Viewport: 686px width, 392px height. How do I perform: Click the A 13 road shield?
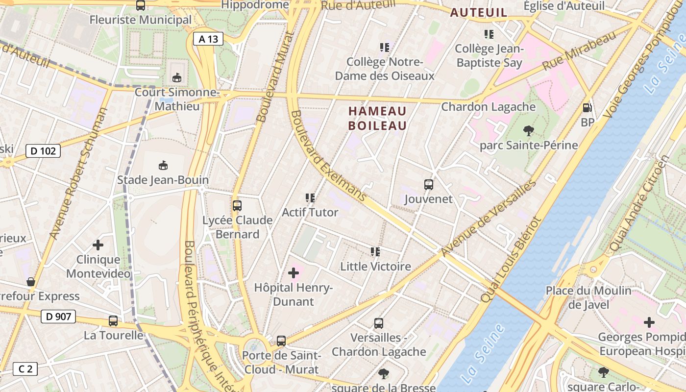click(208, 39)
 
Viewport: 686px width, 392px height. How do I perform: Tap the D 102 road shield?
click(43, 151)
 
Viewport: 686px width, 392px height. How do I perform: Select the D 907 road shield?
click(58, 317)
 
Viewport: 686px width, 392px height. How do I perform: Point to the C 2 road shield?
click(25, 369)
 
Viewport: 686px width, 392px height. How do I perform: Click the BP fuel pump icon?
click(587, 108)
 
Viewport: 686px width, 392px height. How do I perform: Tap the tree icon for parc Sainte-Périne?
click(528, 130)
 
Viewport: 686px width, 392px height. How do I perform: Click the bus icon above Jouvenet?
click(429, 185)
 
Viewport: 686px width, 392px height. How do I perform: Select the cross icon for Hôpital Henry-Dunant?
click(294, 272)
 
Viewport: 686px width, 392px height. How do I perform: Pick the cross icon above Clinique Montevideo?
click(98, 245)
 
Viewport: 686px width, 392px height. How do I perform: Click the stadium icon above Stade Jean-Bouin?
click(163, 165)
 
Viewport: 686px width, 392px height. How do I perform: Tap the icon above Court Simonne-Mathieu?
click(177, 77)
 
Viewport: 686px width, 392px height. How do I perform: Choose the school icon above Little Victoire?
click(375, 252)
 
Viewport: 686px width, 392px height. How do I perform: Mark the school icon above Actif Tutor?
click(310, 198)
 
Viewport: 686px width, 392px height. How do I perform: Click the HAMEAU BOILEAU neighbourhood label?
click(377, 118)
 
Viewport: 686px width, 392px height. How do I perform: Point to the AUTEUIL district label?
click(478, 13)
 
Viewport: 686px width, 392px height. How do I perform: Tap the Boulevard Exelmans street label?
click(328, 156)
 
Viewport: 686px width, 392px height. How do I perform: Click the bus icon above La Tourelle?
click(113, 321)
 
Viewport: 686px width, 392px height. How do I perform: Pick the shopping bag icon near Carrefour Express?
click(31, 282)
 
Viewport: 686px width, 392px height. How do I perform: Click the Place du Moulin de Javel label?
click(588, 297)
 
